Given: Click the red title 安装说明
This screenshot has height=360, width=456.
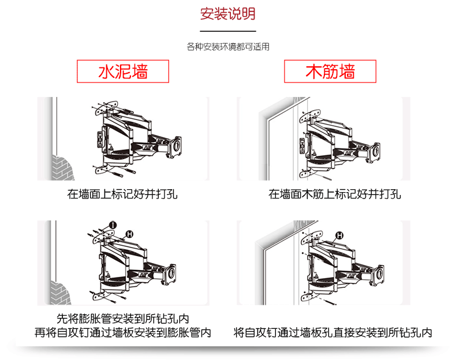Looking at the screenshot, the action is click(x=227, y=14).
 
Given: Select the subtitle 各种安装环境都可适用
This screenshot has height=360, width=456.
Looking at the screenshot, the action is click(x=228, y=47).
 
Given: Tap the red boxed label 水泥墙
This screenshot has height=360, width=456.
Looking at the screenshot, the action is click(x=123, y=72).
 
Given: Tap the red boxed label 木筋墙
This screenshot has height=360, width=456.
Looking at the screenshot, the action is click(x=330, y=72).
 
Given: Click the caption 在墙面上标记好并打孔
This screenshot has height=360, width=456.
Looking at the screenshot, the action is click(x=122, y=194).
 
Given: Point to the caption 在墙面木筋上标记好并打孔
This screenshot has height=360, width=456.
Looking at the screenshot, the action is click(x=335, y=194).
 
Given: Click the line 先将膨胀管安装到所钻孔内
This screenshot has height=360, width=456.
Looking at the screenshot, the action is click(x=123, y=318).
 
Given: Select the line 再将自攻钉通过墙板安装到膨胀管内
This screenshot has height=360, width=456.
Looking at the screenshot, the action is click(x=123, y=333).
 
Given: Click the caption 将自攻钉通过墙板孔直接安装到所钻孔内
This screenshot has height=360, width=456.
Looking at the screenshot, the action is click(x=333, y=333).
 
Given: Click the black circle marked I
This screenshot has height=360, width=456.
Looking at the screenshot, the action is click(x=113, y=224).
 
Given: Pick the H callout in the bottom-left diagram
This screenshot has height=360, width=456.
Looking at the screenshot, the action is click(x=130, y=234).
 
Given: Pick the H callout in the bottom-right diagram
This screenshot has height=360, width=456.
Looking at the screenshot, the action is click(x=340, y=235).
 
